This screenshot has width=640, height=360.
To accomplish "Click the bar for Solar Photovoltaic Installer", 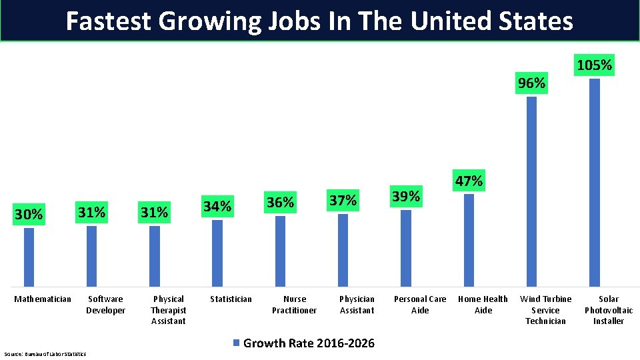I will [595, 183].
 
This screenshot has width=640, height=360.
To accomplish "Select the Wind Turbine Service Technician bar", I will [532, 192].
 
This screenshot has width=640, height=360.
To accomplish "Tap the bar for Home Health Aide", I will [469, 240].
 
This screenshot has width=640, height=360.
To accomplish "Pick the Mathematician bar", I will [29, 257].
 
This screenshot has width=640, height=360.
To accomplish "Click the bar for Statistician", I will [217, 253].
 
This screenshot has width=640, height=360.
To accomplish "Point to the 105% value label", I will [594, 65].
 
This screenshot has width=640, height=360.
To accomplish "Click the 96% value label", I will [532, 83].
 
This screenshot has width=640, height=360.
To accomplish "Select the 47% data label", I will [469, 181].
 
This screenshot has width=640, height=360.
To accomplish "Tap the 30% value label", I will [29, 215].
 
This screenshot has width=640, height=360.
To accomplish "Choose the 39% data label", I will [406, 197].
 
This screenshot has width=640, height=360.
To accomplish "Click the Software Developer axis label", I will [105, 305].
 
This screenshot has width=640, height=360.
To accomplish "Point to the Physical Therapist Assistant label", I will [168, 310].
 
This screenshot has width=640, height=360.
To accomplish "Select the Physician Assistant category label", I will [357, 305].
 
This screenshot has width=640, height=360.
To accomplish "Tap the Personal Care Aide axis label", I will [420, 305].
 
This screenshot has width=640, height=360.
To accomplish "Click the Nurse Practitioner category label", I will [294, 305].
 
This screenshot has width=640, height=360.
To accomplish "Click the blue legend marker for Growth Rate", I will [235, 343].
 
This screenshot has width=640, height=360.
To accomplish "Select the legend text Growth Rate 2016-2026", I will [309, 343].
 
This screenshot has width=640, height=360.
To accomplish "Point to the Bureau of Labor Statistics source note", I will [45, 353].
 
